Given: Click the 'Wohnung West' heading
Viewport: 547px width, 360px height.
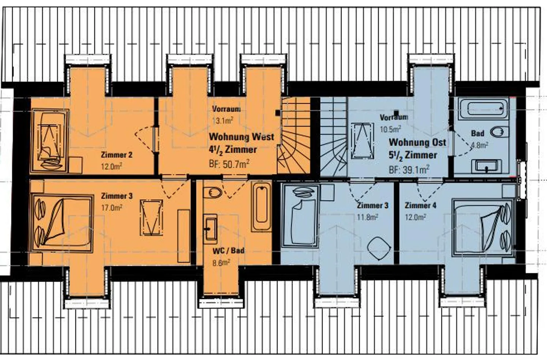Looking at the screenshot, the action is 242,137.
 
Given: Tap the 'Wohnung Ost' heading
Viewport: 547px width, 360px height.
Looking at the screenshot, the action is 417,142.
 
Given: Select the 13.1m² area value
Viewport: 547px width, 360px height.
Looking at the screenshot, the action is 223,121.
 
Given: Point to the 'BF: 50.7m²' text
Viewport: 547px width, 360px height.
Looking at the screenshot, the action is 229,164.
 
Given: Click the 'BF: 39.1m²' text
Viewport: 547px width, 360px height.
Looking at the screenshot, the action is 409,170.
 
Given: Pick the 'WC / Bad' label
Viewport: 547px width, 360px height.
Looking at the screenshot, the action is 228,251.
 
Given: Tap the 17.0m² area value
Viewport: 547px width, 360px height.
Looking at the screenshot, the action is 112,208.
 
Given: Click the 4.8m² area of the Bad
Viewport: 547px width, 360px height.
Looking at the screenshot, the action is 480,145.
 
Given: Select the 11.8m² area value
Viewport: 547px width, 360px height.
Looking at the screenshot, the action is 368,217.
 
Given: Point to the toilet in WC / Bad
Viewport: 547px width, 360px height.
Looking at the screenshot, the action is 212,193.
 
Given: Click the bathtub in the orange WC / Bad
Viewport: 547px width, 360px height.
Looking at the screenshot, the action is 261,206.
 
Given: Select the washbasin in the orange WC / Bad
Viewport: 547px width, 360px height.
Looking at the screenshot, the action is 210,229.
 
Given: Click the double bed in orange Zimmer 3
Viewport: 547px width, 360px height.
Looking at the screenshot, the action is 62,224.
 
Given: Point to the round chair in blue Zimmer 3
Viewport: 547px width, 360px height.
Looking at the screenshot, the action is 379,248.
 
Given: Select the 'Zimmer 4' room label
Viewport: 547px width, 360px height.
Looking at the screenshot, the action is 420,205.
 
